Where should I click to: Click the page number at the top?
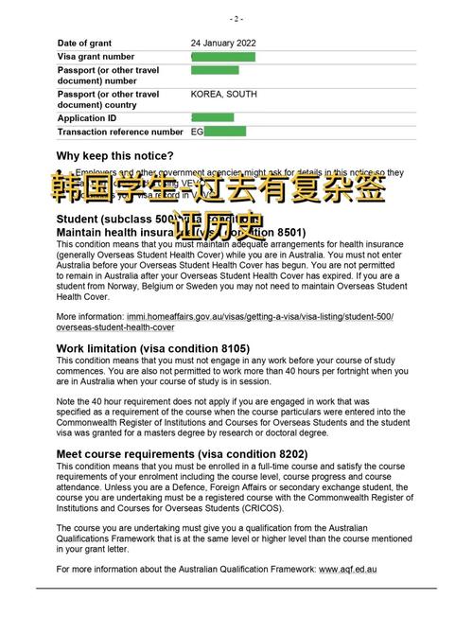coord(236,18)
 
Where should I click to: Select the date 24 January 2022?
coord(226,44)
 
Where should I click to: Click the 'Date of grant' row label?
coord(86,44)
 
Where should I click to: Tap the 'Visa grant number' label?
coord(96,57)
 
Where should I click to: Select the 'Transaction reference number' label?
coord(120,132)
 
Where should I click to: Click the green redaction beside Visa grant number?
coord(224,57)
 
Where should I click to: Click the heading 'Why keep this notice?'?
coord(114,155)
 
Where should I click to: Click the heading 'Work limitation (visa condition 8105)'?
coord(152,348)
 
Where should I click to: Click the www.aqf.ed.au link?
coord(348,569)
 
